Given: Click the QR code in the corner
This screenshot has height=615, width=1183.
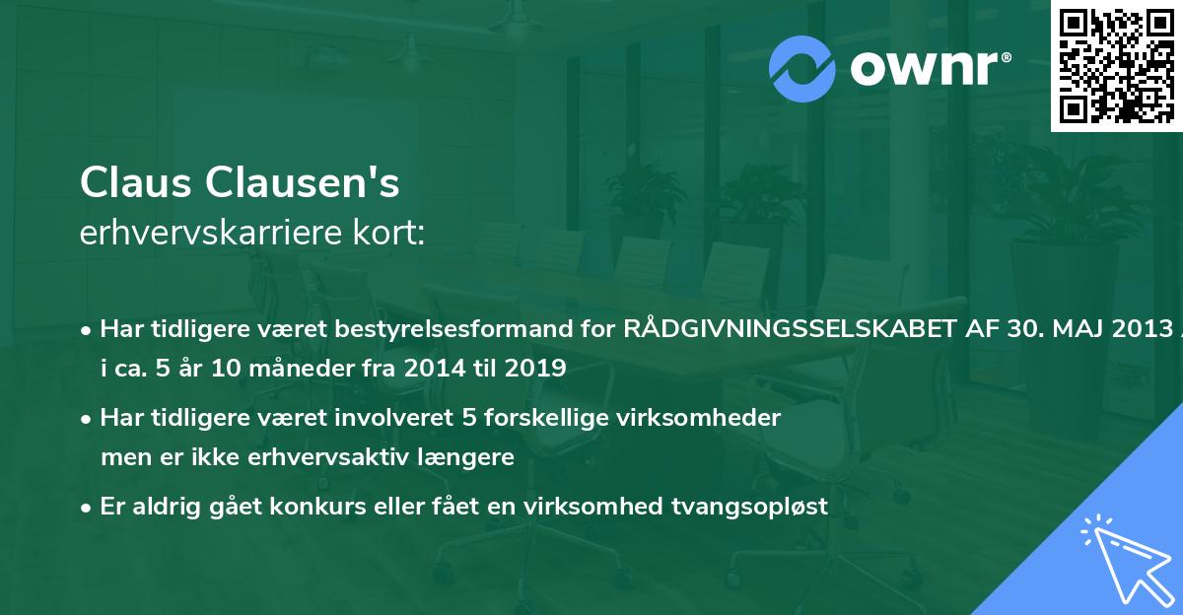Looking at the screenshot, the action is (1116, 66).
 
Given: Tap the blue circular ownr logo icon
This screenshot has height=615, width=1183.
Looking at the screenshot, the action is (801, 69).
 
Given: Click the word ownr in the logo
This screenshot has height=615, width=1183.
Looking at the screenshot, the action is (924, 68).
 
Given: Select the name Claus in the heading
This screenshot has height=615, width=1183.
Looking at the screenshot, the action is (136, 182).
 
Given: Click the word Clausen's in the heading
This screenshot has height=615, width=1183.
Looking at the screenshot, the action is (302, 182).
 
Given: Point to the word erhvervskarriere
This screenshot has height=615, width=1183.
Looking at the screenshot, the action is (211, 233).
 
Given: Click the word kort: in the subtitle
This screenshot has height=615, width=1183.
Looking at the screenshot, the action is (388, 233).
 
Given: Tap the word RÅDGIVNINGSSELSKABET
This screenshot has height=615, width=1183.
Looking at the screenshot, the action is (790, 328).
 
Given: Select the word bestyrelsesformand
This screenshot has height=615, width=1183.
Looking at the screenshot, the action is (454, 329).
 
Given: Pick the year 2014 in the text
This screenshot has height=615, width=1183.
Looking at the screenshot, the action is (435, 368).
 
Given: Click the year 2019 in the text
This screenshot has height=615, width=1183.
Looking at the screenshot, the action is (535, 368).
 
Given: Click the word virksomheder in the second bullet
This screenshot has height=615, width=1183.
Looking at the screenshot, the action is (699, 418).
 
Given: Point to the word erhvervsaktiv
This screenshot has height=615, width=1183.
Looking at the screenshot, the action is (328, 456).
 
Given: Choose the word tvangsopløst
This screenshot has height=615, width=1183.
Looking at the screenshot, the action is (749, 508).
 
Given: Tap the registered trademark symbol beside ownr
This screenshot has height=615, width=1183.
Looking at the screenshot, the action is (1006, 57).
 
